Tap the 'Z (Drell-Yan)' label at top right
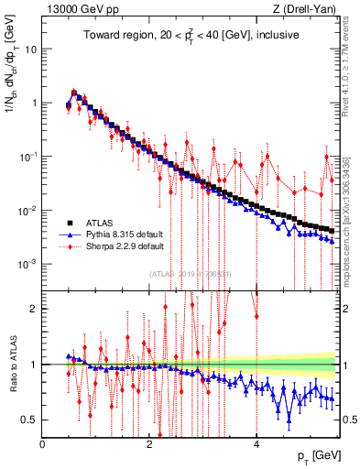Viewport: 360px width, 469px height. [315, 9]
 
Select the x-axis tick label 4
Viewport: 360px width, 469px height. [256, 444]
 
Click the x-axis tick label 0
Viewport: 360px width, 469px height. [43, 444]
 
